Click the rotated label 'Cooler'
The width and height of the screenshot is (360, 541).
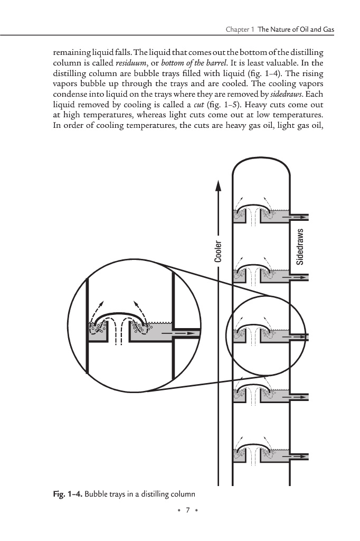coord(217,252)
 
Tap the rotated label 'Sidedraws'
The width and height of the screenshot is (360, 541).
coord(300,246)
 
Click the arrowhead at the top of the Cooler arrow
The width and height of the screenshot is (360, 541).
coord(217,186)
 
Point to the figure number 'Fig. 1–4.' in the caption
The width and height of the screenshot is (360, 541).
coord(67,495)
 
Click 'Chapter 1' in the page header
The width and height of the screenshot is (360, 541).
coord(240,30)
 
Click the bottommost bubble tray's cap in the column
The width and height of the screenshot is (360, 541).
coord(256,449)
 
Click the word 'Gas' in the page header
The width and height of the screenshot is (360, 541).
coord(327,30)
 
